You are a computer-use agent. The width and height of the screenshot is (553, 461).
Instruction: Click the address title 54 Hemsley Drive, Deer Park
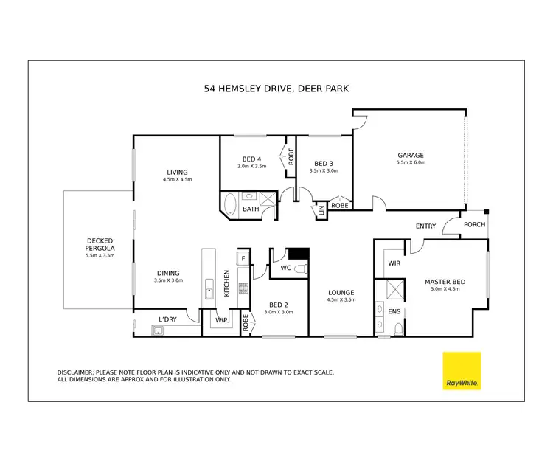(276, 89)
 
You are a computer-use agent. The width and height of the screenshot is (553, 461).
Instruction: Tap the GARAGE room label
(411, 155)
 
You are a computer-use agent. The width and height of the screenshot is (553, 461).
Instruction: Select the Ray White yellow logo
(462, 371)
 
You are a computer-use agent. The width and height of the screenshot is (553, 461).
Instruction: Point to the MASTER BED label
(442, 282)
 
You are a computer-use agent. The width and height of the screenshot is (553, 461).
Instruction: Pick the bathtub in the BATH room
(230, 204)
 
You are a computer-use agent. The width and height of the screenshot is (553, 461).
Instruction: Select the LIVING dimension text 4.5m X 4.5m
(177, 179)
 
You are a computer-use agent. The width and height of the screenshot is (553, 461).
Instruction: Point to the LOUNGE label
(341, 293)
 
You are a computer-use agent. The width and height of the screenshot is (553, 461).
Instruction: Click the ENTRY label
(425, 226)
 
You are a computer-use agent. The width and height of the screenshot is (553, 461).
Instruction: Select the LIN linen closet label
(321, 211)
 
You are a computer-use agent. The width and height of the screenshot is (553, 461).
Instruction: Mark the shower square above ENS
(394, 288)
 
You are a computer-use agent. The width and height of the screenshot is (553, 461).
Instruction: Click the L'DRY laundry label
(168, 319)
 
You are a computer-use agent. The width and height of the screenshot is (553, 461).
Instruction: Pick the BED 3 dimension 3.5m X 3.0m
(324, 170)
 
